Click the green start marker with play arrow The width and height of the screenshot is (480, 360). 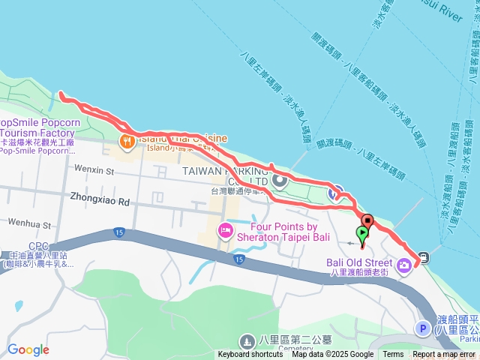click(362, 233)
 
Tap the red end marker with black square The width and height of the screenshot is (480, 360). click(367, 220)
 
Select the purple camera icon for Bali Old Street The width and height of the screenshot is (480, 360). click(405, 264)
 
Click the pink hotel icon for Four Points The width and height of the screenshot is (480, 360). click(224, 229)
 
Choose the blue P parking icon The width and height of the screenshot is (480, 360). click(422, 328)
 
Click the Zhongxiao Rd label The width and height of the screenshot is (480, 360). click(100, 201)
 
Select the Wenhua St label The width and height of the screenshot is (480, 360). click(29, 223)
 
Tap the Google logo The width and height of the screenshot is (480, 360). click(28, 349)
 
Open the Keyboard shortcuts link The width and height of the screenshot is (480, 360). click(250, 355)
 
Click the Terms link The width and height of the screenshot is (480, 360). click(393, 355)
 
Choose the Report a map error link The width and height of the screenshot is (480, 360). click(444, 355)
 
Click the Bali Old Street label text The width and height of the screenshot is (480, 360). click(359, 262)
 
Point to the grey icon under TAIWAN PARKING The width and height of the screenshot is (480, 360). click(280, 180)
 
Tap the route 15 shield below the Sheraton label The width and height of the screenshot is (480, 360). click(238, 259)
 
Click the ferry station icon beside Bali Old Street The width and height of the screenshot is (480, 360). click(424, 258)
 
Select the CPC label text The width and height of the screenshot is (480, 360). click(38, 246)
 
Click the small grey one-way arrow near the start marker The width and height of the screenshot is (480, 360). click(349, 243)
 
